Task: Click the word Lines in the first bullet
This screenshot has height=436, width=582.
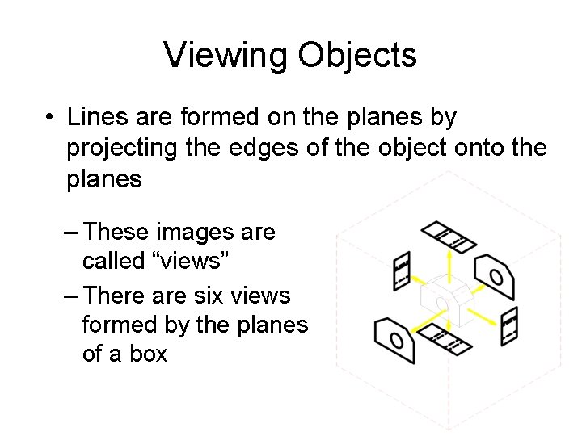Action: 92,118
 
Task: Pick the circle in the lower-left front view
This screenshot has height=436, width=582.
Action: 396,340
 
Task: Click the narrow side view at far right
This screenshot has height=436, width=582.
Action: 508,326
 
